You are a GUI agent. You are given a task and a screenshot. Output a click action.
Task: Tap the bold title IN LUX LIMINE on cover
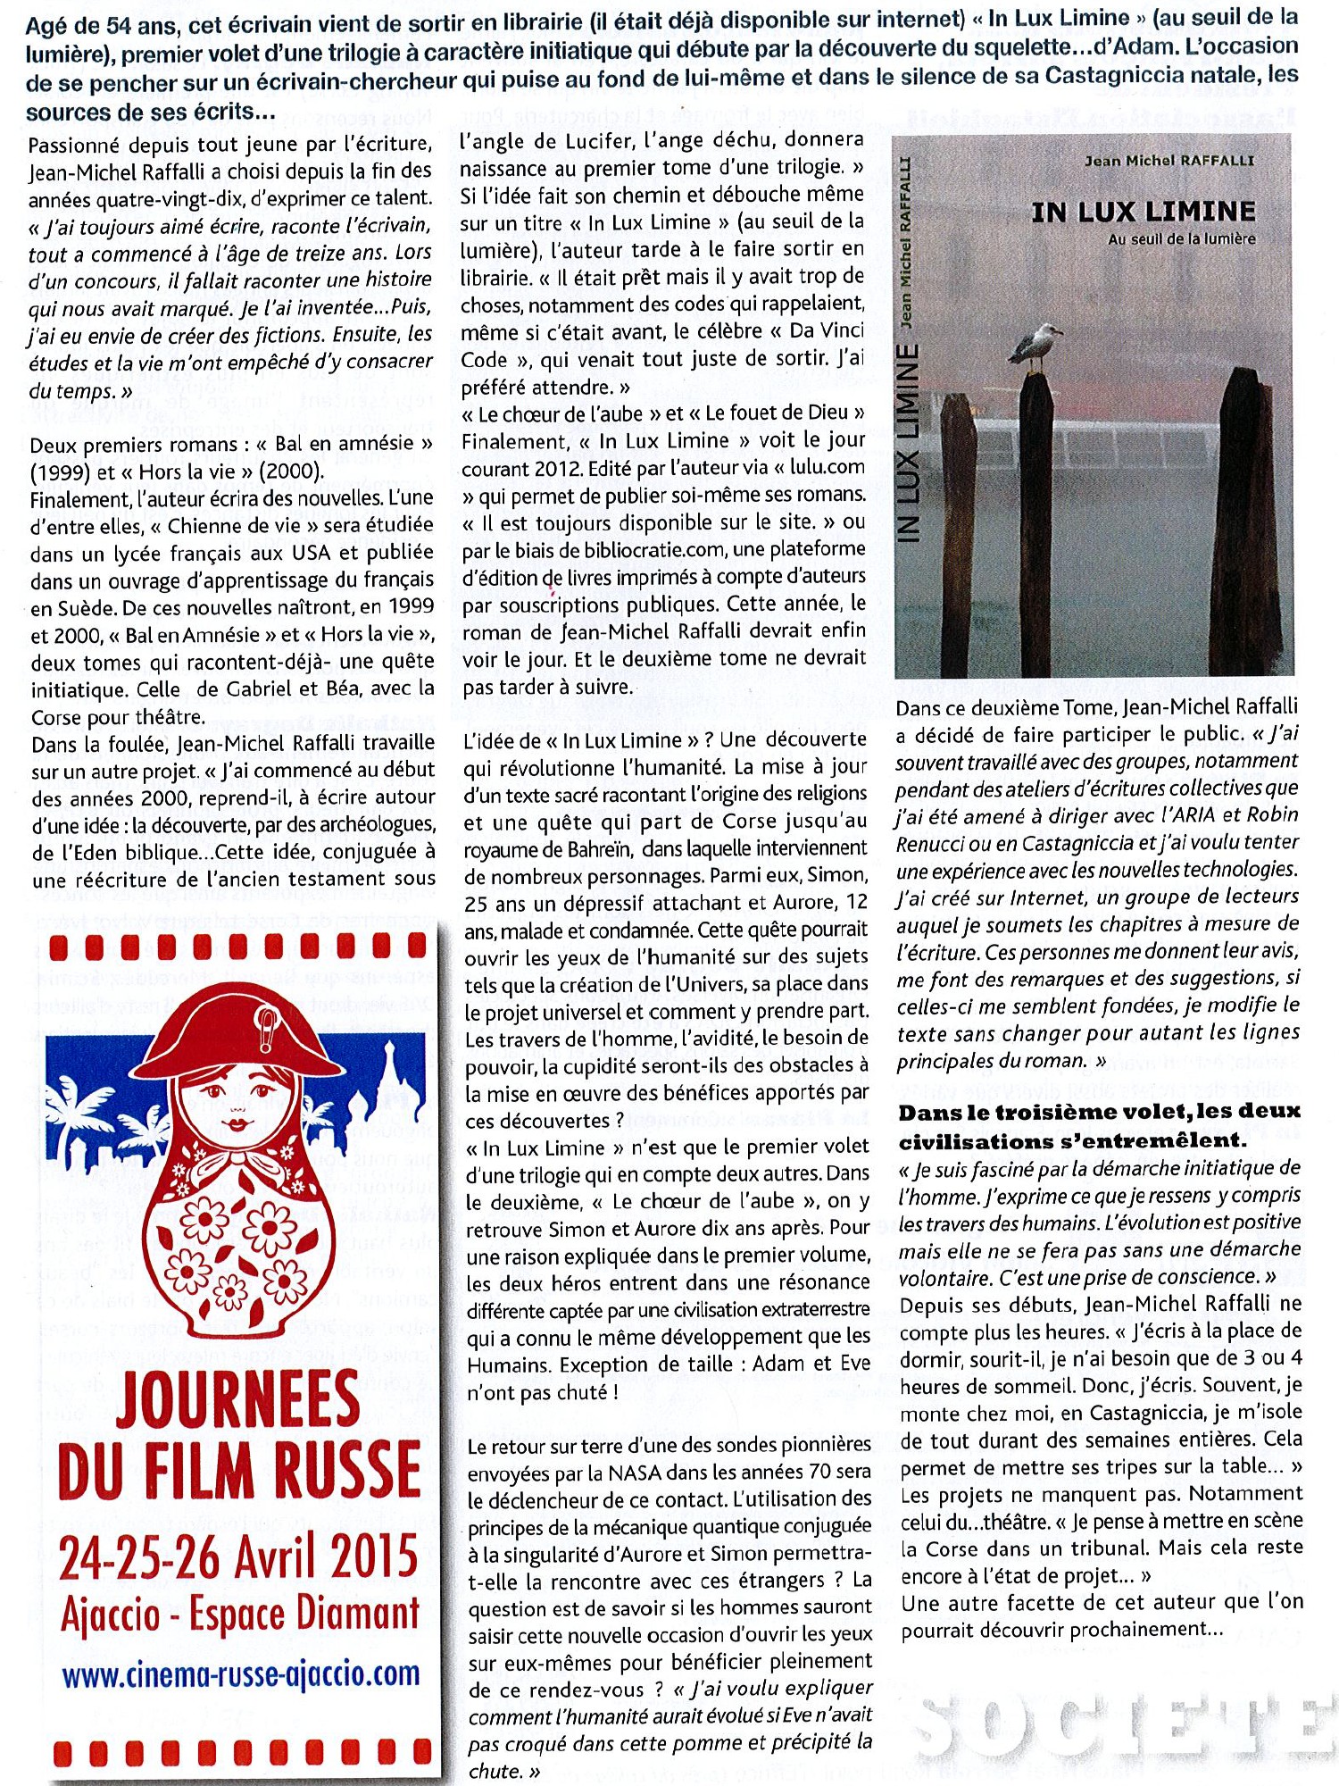click(1144, 213)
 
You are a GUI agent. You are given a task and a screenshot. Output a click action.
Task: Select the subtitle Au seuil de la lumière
click(1181, 239)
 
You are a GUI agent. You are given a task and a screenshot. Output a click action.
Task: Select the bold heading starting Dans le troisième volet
click(1099, 1126)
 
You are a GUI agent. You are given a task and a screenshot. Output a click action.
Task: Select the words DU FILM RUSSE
click(239, 1469)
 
